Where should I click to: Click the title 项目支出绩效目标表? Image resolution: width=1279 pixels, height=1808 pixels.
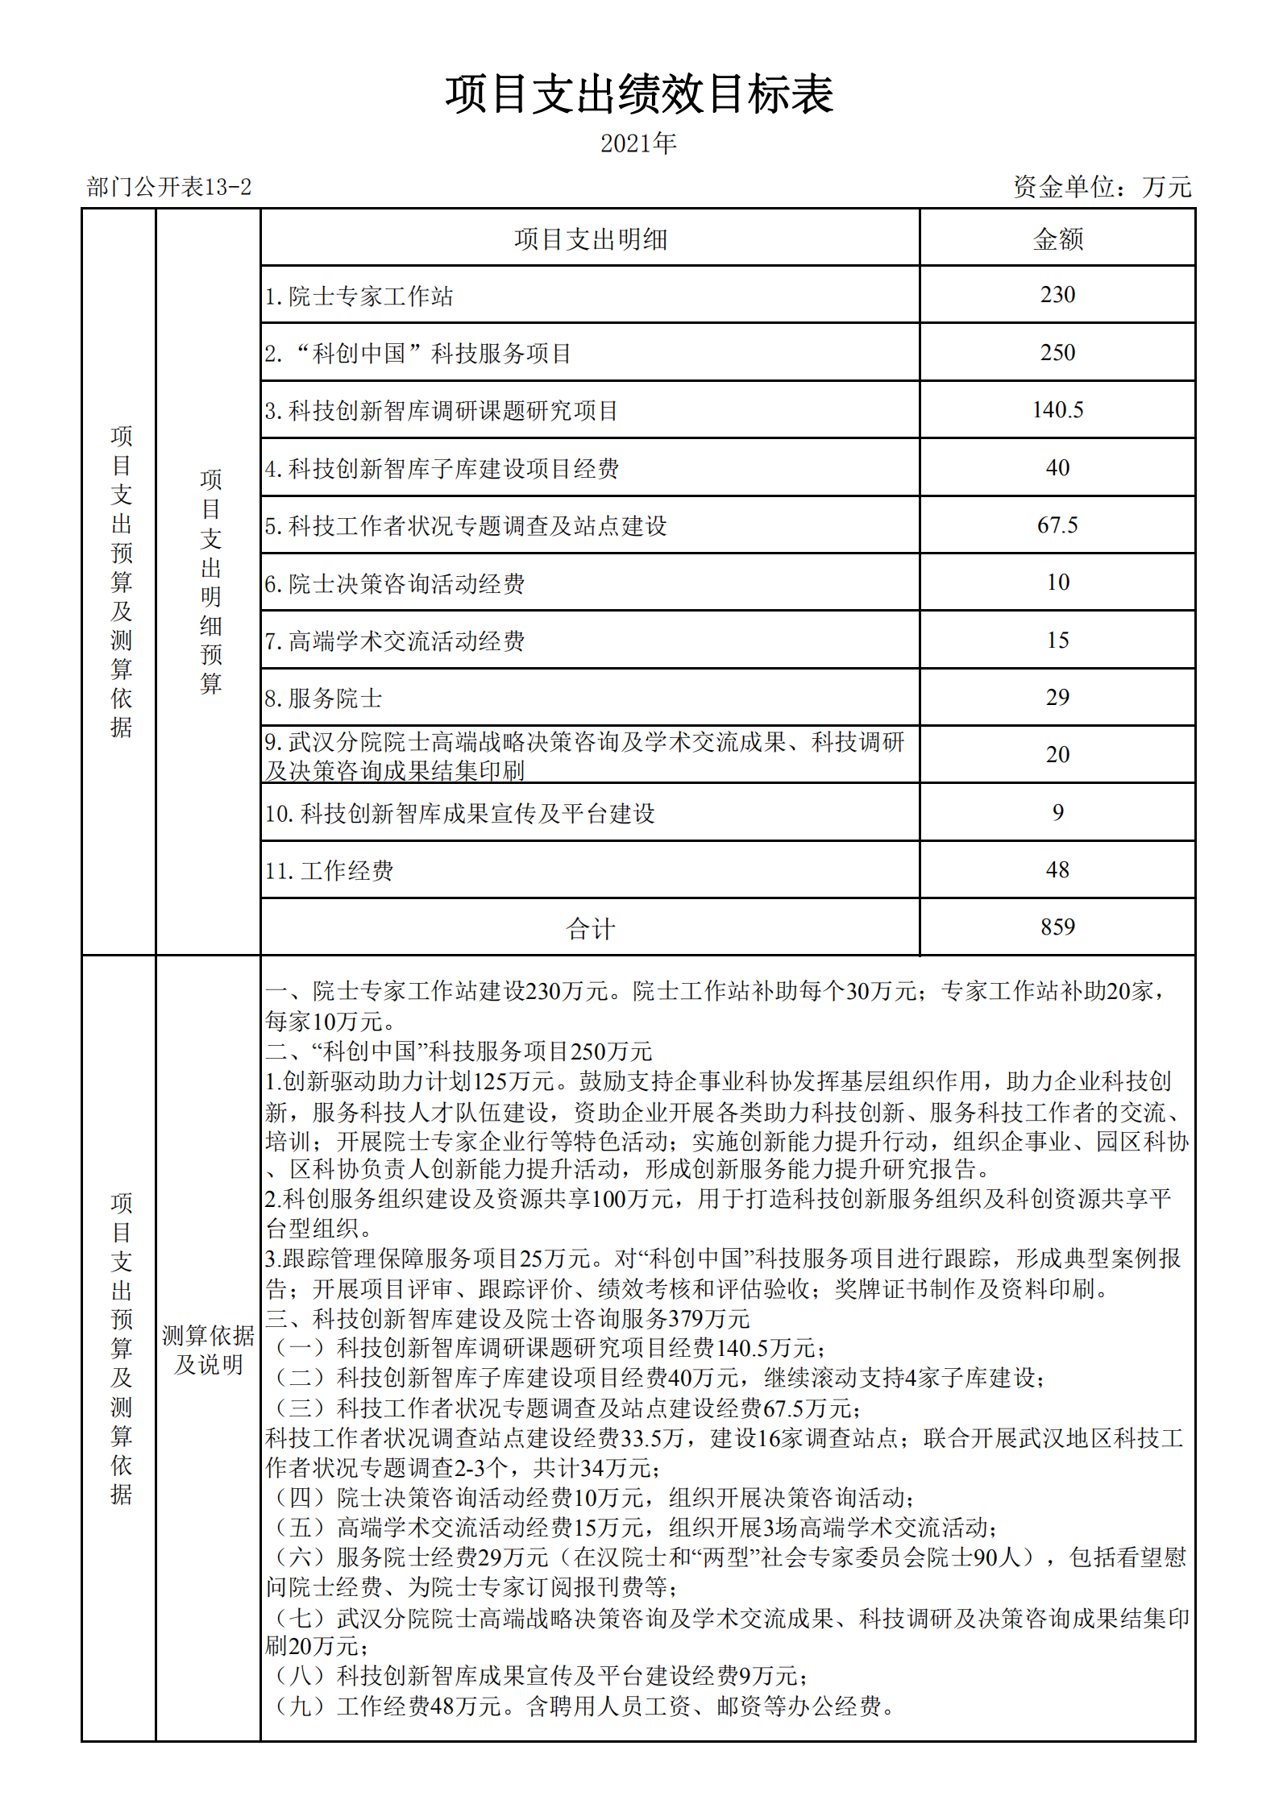[x=639, y=94]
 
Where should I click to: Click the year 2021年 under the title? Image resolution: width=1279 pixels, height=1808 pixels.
[x=638, y=143]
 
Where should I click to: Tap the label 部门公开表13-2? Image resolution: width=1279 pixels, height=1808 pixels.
[x=169, y=188]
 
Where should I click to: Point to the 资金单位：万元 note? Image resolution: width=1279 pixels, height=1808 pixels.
[x=1102, y=187]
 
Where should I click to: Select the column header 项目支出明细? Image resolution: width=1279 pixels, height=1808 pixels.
[x=590, y=239]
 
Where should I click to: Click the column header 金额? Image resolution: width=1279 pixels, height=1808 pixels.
[x=1057, y=239]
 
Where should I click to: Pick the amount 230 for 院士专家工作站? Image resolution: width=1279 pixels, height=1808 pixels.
[x=1057, y=295]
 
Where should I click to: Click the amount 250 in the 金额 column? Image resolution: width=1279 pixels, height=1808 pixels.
[x=1057, y=353]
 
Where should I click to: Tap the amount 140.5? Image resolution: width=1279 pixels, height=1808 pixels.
[x=1057, y=410]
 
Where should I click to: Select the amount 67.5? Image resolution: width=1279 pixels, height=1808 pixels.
[x=1057, y=525]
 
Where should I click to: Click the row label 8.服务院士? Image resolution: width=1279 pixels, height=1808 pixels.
[x=323, y=699]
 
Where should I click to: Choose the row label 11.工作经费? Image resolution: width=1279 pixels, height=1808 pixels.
[x=329, y=871]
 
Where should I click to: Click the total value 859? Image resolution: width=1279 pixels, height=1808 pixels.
[x=1057, y=927]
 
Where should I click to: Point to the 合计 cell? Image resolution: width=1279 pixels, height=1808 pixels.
[x=590, y=929]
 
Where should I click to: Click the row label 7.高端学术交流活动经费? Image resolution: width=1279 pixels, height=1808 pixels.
[x=395, y=641]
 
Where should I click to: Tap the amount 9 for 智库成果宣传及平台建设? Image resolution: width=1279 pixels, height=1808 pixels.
[x=1057, y=813]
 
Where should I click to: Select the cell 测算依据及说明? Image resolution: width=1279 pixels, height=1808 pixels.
[x=208, y=1350]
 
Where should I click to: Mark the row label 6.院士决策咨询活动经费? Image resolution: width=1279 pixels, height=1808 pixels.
[x=395, y=584]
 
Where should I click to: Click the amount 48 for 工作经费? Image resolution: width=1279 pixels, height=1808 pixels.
[x=1057, y=870]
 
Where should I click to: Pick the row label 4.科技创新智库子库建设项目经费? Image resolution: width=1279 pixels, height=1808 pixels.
[x=442, y=469]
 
